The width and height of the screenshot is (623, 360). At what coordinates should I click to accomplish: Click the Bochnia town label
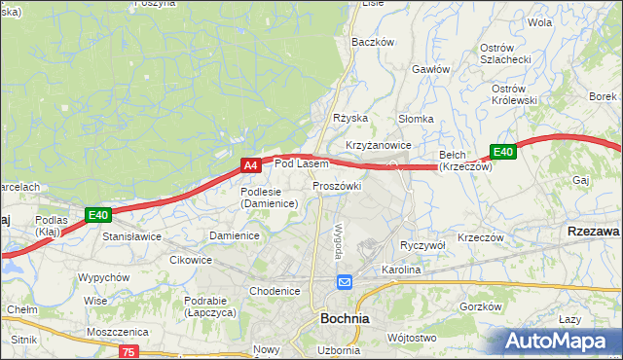[x=345, y=318]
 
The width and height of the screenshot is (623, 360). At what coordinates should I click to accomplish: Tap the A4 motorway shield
[x=250, y=166]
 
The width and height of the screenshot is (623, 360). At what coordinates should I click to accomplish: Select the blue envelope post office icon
[x=346, y=282]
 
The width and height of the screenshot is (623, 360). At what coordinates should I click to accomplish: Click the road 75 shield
[x=130, y=351]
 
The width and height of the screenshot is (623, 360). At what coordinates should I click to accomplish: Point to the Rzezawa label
[x=593, y=232]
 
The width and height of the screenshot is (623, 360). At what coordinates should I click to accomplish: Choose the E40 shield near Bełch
[x=502, y=152]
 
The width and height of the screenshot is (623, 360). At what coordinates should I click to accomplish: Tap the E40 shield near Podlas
[x=97, y=215]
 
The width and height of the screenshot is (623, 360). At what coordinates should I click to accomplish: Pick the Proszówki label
[x=337, y=186]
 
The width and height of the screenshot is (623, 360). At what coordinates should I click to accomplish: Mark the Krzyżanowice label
[x=378, y=145]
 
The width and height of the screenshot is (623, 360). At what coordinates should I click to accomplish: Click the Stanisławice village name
[x=132, y=235]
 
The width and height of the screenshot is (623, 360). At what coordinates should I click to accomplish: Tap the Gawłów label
[x=430, y=69]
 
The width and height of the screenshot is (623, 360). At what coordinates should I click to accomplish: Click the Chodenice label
[x=275, y=291]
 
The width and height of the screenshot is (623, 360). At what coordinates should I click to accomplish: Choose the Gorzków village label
[x=480, y=306]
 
